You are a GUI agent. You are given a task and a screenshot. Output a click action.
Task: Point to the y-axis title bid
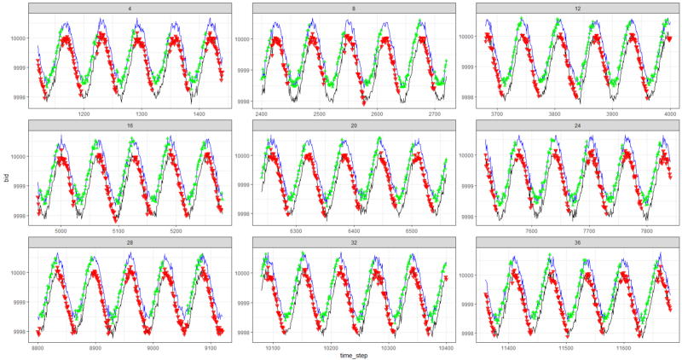pyautogui.click(x=7, y=180)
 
